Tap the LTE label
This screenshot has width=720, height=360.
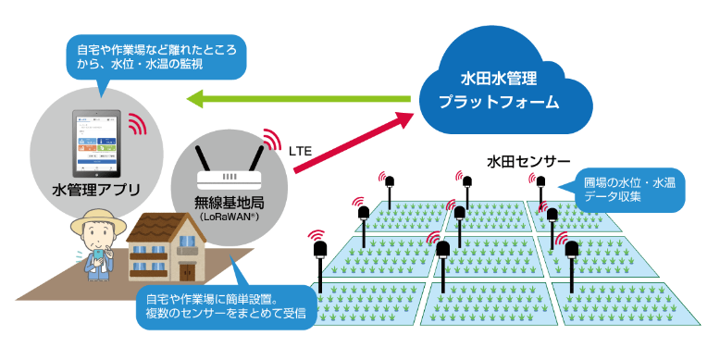click(302, 148)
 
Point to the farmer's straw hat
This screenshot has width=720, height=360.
click(94, 222)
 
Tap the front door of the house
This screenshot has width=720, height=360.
click(188, 272)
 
